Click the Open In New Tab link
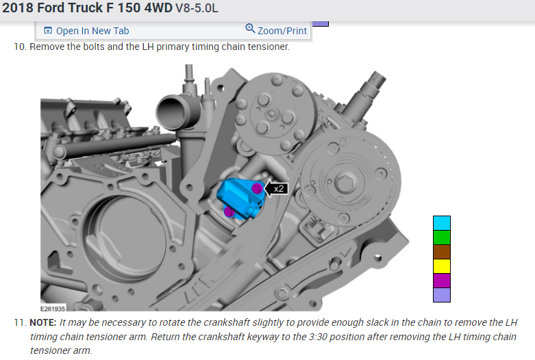(x=87, y=31)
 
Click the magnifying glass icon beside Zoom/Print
(x=250, y=28)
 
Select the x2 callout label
(x=278, y=188)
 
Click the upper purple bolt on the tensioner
(x=257, y=188)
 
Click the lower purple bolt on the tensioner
(x=229, y=212)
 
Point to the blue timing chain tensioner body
(x=239, y=198)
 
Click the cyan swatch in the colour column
(x=442, y=223)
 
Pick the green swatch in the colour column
(x=442, y=237)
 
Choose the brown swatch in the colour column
(x=442, y=252)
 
